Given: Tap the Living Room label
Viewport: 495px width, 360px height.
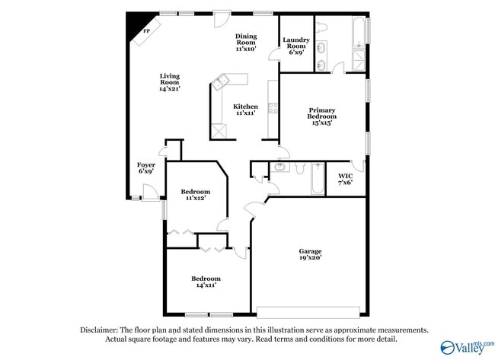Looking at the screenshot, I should pos(170,82).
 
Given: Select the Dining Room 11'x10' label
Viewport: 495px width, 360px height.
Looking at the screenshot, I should pos(245,42).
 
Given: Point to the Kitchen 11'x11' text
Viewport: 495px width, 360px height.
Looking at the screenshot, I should pos(244,110).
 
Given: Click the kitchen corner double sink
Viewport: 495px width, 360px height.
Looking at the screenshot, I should pos(223,80).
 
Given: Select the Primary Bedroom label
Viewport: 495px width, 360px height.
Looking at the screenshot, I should pos(321,116).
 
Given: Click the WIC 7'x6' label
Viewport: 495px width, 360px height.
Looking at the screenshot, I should pos(345,180).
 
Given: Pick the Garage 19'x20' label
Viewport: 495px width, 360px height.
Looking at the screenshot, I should pos(310,254).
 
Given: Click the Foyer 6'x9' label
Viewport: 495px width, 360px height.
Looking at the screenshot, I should pos(146,168).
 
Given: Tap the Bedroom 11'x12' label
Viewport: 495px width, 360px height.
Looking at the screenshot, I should pos(195,195).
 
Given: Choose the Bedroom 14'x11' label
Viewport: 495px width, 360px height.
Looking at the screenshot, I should pos(206,282).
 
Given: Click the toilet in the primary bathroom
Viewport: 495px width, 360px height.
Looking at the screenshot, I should pos(323,27).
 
